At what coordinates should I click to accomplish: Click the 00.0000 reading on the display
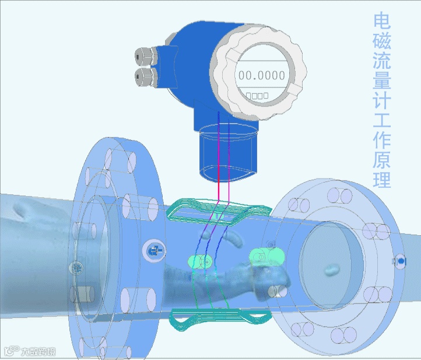[261, 75]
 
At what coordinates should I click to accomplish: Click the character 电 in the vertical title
[382, 21]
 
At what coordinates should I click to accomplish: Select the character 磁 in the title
[382, 41]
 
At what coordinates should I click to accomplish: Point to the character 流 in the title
[382, 61]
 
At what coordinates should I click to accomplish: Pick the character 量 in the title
[382, 81]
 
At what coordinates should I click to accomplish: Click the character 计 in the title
[382, 100]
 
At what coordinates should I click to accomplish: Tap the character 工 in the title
[382, 120]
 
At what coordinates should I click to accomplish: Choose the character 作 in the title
[382, 140]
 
